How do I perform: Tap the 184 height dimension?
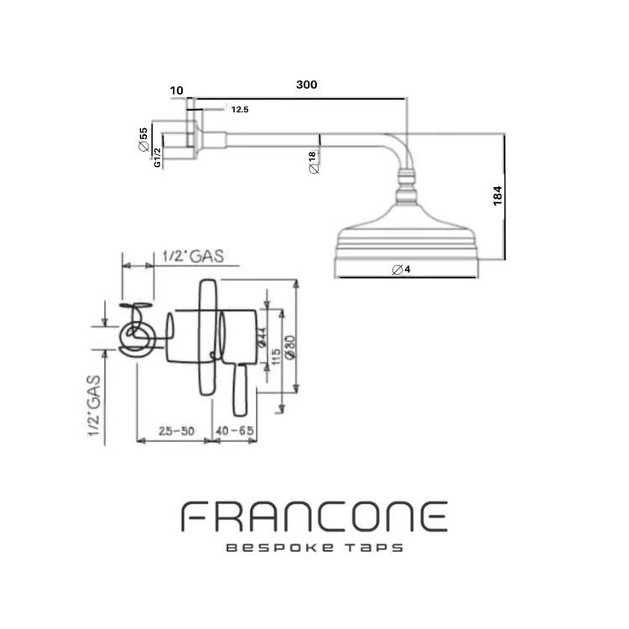pyautogui.click(x=497, y=197)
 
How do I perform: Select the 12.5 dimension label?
pyautogui.click(x=239, y=109)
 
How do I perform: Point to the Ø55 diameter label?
pyautogui.click(x=143, y=138)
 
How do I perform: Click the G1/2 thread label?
pyautogui.click(x=157, y=159)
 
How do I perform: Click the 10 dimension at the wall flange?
pyautogui.click(x=175, y=88)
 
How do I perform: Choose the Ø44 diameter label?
pyautogui.click(x=262, y=337)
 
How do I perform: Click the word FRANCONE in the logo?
pyautogui.click(x=314, y=516)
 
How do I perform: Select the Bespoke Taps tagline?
pyautogui.click(x=314, y=548)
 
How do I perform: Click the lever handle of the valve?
pyautogui.click(x=239, y=390)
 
